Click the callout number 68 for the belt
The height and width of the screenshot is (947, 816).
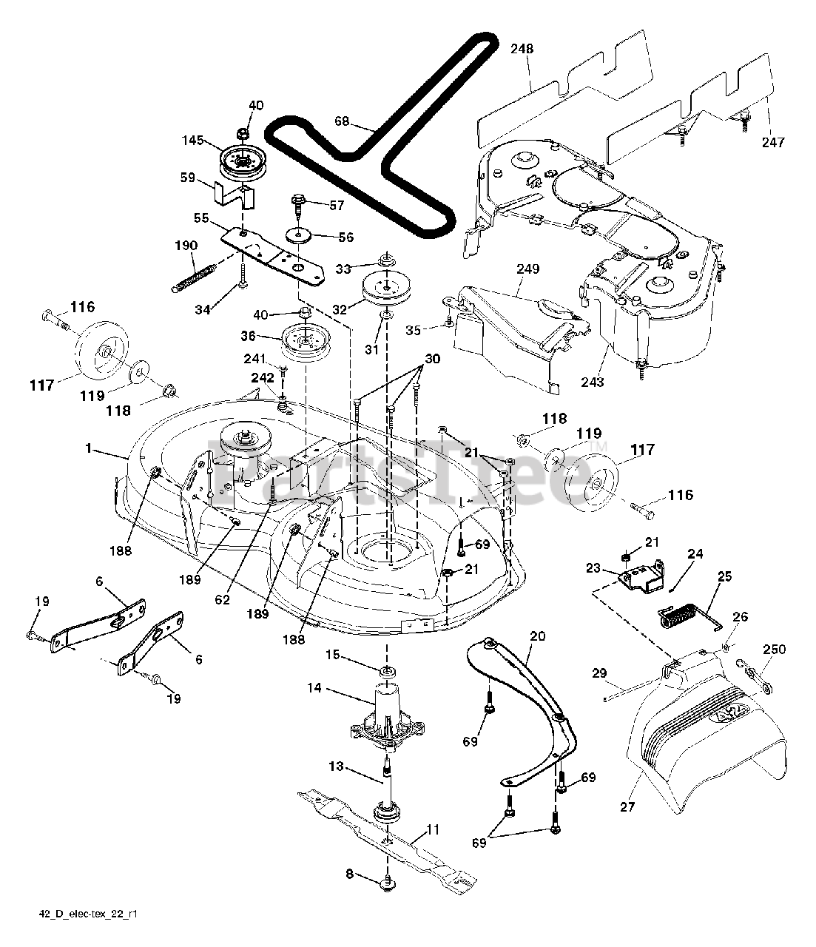[342, 121]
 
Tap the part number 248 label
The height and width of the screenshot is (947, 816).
[522, 49]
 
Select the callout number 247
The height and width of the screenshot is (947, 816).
[773, 143]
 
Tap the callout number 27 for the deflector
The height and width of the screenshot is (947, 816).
[627, 807]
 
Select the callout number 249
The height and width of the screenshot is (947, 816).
[527, 269]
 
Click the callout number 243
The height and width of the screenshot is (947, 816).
[593, 382]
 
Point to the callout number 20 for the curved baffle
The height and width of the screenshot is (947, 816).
[538, 636]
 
